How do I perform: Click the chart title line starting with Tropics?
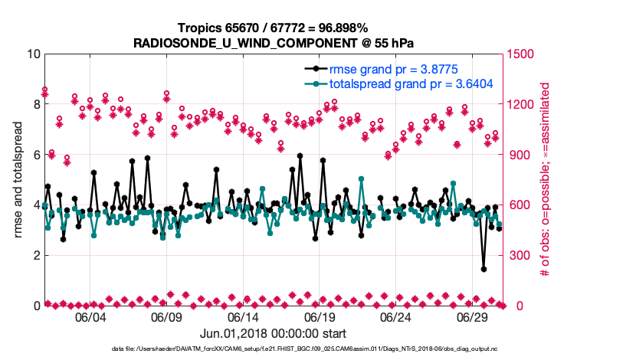(x=274, y=28)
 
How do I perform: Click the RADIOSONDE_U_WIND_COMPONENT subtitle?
(x=274, y=42)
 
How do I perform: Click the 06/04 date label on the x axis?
(x=90, y=317)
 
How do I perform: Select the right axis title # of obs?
(x=546, y=180)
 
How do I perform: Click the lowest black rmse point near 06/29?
(x=484, y=269)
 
